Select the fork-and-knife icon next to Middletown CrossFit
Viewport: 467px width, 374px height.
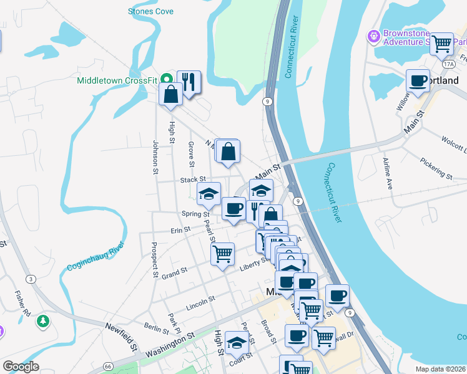189,82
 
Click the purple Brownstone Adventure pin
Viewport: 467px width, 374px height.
374,37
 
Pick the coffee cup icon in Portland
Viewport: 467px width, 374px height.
418,80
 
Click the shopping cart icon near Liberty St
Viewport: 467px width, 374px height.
222,254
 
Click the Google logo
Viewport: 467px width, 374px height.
21,367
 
